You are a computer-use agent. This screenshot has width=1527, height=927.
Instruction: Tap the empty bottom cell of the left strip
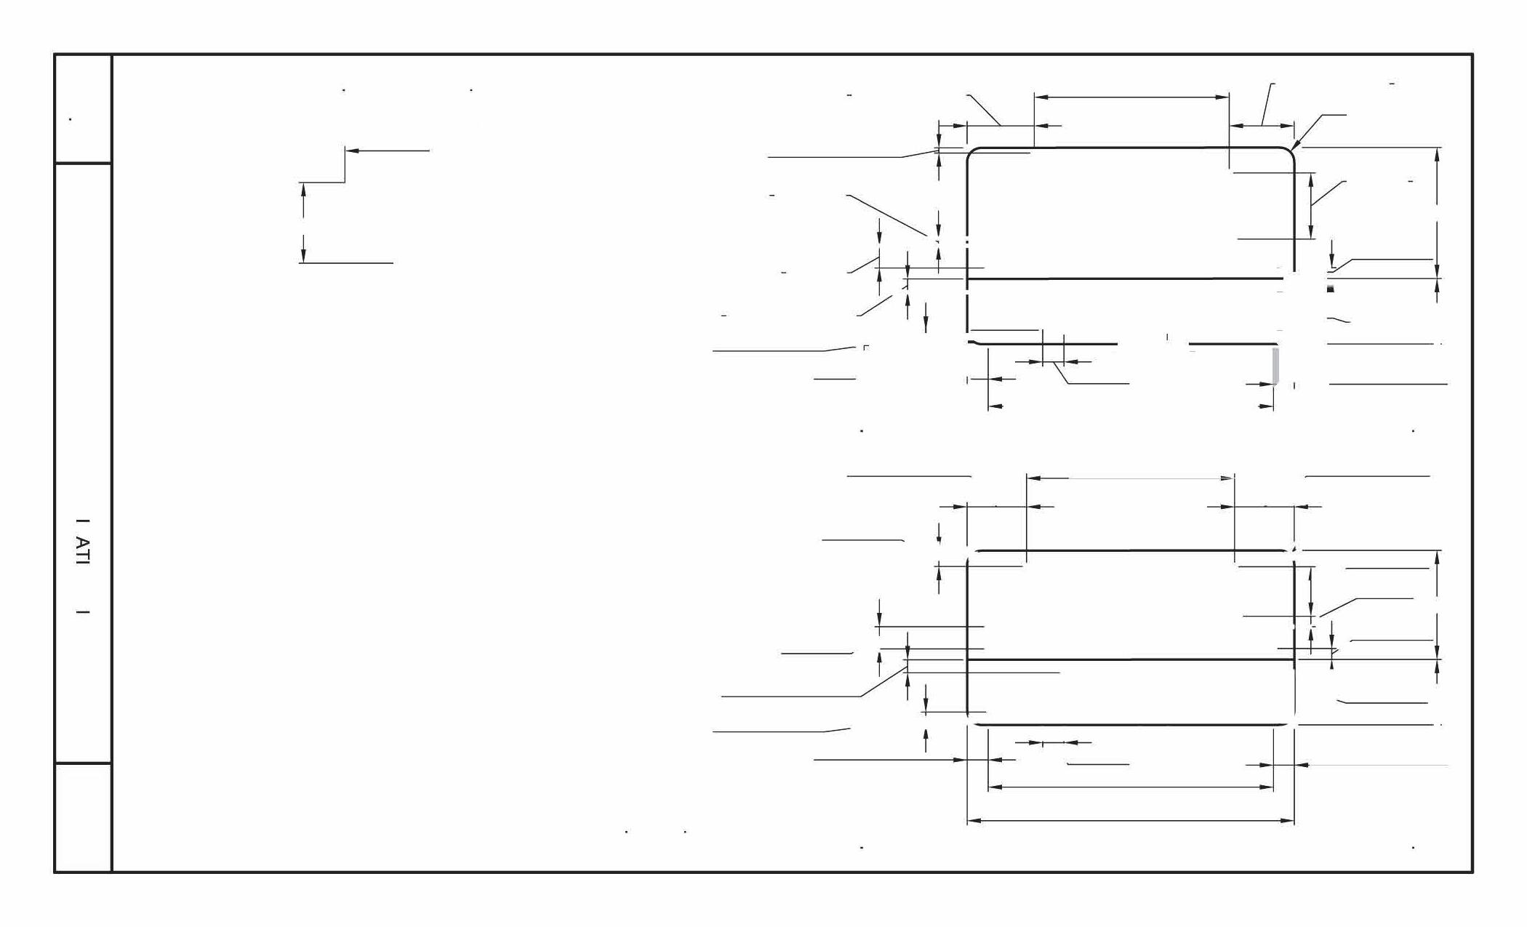[x=83, y=817]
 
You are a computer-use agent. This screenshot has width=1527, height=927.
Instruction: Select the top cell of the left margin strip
[x=83, y=109]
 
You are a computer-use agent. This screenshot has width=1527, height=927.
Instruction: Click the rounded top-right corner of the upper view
[x=1288, y=153]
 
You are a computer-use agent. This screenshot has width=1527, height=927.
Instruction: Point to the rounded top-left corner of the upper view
[x=972, y=153]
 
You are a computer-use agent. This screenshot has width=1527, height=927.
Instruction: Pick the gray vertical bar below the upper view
[x=1275, y=366]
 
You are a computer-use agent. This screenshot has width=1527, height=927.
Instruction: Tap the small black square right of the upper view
[x=1331, y=289]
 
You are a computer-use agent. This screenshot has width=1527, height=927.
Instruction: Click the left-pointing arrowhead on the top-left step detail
[x=351, y=151]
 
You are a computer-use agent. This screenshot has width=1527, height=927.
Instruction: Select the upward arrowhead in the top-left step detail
[x=303, y=189]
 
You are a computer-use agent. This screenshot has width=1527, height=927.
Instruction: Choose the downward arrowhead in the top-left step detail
[x=303, y=255]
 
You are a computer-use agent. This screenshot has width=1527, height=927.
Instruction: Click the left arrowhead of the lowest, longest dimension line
[x=974, y=821]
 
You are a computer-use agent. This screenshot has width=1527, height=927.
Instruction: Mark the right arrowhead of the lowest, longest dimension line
[x=1288, y=821]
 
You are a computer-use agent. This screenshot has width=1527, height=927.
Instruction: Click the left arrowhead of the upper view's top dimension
[x=1041, y=96]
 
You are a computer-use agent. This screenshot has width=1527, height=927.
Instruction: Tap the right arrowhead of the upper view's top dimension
[x=1222, y=96]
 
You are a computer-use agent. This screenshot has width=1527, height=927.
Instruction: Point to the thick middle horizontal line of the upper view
[x=1127, y=278]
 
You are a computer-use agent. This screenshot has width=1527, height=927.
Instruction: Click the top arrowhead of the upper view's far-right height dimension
[x=1438, y=153]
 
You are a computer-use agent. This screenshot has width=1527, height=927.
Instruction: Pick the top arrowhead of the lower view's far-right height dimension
[x=1438, y=558]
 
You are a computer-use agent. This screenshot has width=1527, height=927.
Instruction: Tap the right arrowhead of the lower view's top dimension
[x=1228, y=478]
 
